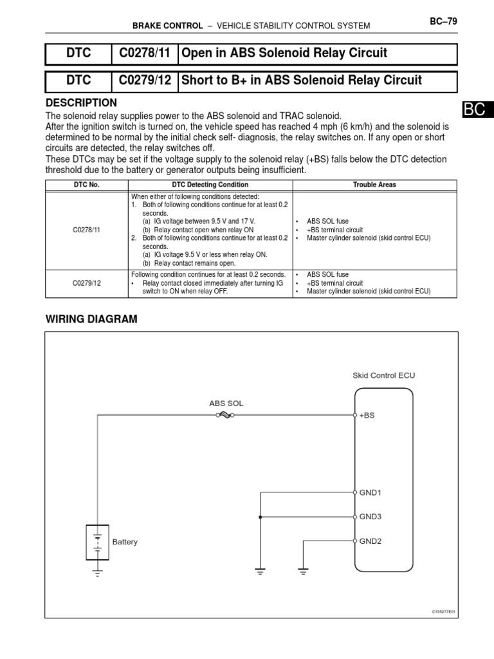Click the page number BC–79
coord(443,21)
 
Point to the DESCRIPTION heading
coord(82,103)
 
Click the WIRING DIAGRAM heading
coord(91,319)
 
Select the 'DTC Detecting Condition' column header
coord(210,185)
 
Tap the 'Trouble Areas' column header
coord(374,185)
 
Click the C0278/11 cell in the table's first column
coord(87,228)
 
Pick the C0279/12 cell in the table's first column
coord(87,283)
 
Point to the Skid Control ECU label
coord(379,375)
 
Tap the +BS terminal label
coord(367,416)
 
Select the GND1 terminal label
coord(370,492)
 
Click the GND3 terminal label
coord(370,516)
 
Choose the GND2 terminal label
coord(370,541)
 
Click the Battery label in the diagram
coord(125,542)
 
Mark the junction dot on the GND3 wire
coord(261,516)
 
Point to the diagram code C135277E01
coord(443,612)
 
